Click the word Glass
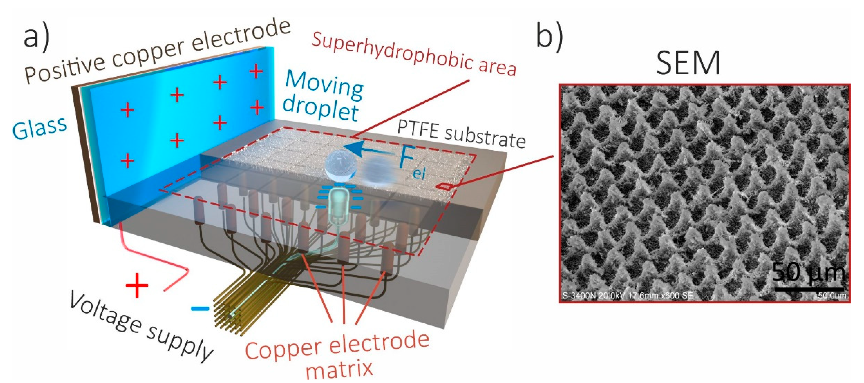coord(40,128)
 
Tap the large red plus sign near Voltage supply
coord(137,285)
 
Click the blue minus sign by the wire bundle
coord(200,308)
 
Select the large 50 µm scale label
coord(808,272)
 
